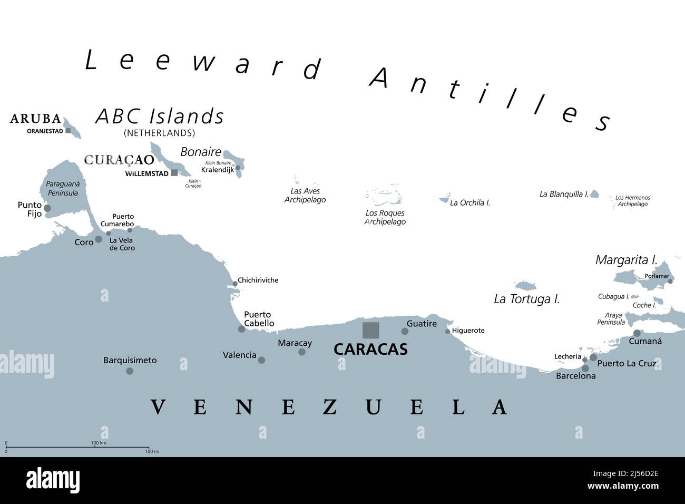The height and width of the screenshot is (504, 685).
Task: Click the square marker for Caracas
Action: (x=370, y=330)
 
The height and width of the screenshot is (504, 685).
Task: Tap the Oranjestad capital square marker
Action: (x=68, y=131)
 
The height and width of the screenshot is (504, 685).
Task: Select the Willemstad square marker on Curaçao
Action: (x=174, y=173)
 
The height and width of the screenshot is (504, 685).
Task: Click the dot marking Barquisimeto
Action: (x=130, y=371)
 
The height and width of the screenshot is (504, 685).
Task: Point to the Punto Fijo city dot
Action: (x=47, y=208)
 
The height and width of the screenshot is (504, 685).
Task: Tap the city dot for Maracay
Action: (x=302, y=352)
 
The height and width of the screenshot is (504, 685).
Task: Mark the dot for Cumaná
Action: (x=637, y=333)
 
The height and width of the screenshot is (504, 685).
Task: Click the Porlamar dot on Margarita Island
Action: (x=670, y=282)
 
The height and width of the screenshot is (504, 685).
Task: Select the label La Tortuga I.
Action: (x=526, y=299)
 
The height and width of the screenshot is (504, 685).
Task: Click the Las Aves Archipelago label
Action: (x=305, y=196)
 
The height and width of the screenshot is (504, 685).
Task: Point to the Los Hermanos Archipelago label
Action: (x=632, y=201)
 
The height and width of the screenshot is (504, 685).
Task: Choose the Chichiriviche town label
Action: (x=258, y=280)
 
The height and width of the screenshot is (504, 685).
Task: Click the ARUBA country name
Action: (x=35, y=119)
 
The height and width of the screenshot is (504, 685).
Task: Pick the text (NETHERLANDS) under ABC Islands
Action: (x=159, y=133)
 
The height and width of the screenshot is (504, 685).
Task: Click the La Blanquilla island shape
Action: (x=594, y=194)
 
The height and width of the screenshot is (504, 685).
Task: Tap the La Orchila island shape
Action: (x=444, y=199)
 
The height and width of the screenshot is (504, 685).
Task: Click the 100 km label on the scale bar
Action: (x=99, y=443)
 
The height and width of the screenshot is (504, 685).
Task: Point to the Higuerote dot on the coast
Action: (x=447, y=331)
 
